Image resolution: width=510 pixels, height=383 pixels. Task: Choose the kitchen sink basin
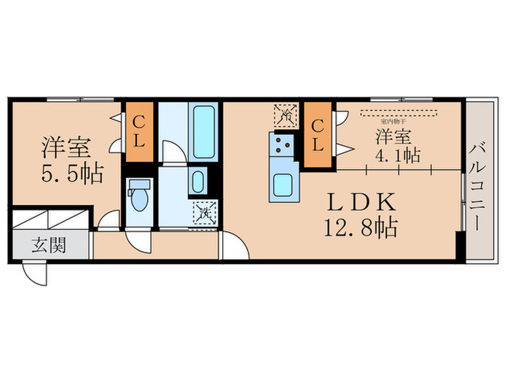pos(283,185)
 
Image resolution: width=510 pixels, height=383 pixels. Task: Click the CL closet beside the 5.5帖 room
pos(139,136)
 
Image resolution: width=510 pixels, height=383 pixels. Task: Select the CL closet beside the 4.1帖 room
pos(318,135)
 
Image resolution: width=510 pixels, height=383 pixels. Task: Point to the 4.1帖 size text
pos(397,155)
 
